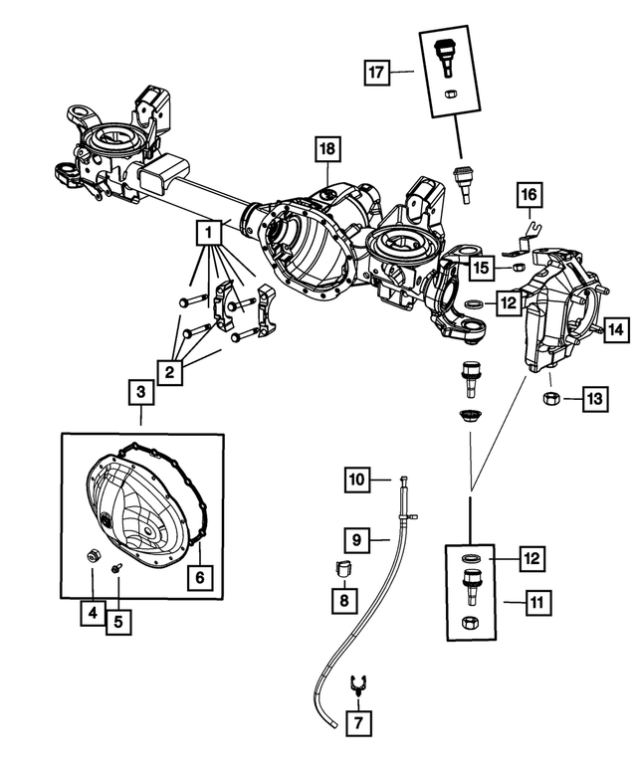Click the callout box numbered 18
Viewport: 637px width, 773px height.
tap(328, 151)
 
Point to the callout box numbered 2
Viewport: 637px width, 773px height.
tap(171, 373)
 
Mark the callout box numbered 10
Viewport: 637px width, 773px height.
tap(359, 480)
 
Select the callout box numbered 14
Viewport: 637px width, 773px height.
tap(616, 330)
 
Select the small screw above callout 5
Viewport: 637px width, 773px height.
tap(116, 568)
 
